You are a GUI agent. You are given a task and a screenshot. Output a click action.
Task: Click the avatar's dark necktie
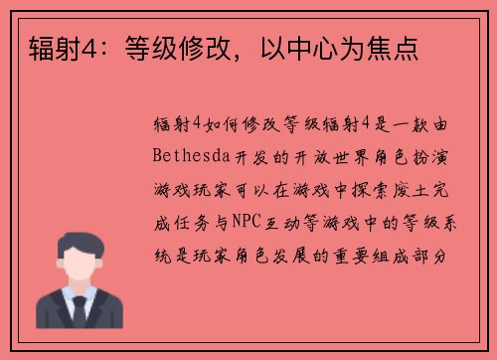click(x=79, y=313)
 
